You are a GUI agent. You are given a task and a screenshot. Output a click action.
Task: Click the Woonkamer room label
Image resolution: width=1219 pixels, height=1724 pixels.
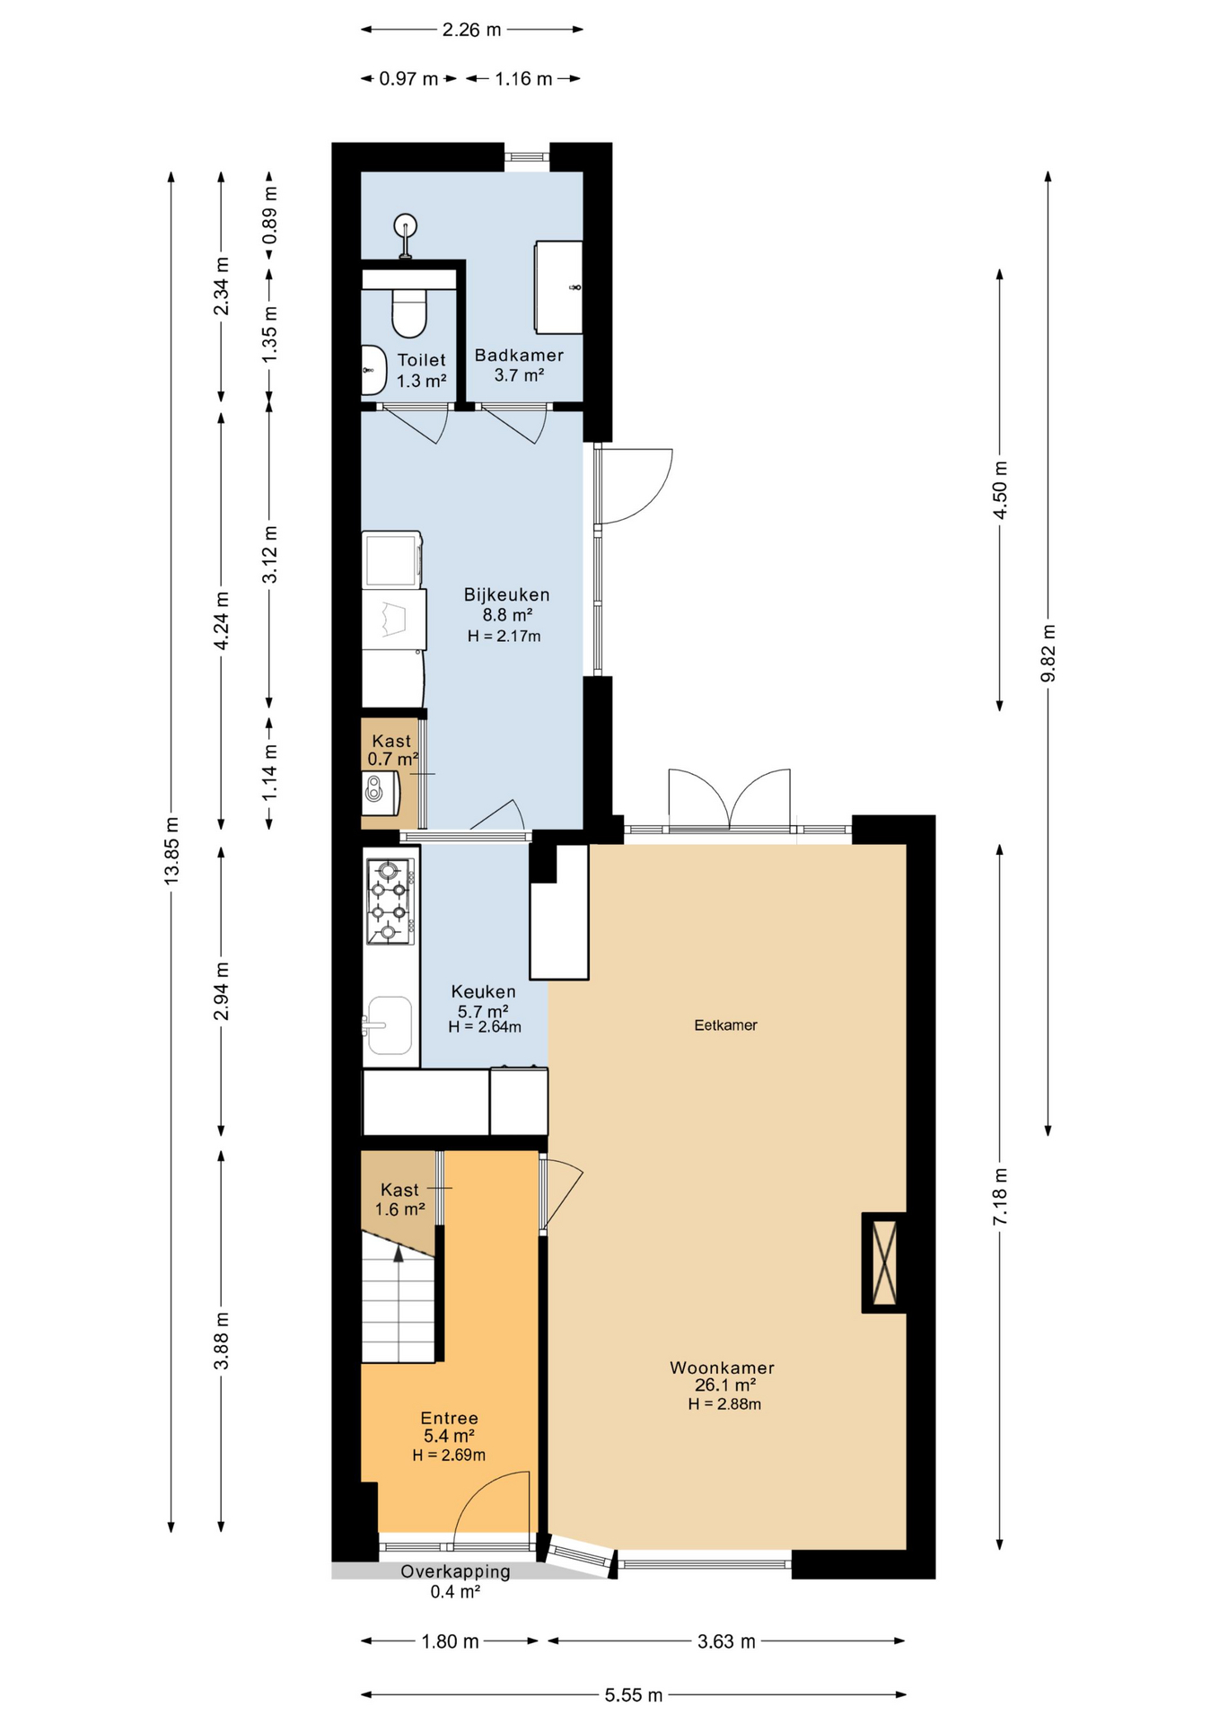[722, 1368]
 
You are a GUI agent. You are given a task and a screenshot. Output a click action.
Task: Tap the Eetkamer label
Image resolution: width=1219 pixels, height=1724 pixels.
[725, 1025]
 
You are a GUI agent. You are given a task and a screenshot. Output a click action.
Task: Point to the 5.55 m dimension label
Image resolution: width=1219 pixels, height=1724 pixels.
[633, 1694]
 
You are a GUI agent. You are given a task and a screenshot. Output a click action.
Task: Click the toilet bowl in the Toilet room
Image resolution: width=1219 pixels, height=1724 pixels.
[409, 312]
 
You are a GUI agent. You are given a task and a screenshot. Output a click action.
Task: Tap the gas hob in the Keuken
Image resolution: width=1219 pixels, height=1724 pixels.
[390, 902]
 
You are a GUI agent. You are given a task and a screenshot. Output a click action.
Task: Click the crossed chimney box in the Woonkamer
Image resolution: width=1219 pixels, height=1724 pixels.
[884, 1262]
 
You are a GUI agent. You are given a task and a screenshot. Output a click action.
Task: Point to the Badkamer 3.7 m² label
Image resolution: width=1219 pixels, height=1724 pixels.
[519, 365]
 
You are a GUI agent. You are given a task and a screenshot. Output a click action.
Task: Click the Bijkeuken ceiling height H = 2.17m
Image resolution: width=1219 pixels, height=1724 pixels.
[504, 637]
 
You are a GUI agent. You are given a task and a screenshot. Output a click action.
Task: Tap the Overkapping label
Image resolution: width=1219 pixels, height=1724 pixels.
[455, 1571]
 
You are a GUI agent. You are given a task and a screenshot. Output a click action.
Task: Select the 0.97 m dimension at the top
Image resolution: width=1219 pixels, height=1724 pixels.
[408, 79]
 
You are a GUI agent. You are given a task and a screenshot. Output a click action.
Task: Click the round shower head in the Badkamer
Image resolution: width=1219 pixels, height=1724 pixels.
[406, 224]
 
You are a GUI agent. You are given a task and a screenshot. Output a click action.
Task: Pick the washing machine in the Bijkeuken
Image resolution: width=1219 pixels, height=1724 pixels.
[392, 559]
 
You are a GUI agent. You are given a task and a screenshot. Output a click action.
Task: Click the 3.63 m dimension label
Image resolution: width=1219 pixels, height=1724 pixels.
[726, 1641]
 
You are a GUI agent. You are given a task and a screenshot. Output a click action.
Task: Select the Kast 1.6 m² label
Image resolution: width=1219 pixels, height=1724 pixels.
[399, 1199]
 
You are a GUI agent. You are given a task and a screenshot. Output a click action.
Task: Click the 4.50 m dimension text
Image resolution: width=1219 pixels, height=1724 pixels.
[1000, 489]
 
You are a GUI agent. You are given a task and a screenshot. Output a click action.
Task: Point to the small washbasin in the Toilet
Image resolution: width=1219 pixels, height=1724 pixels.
[373, 369]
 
